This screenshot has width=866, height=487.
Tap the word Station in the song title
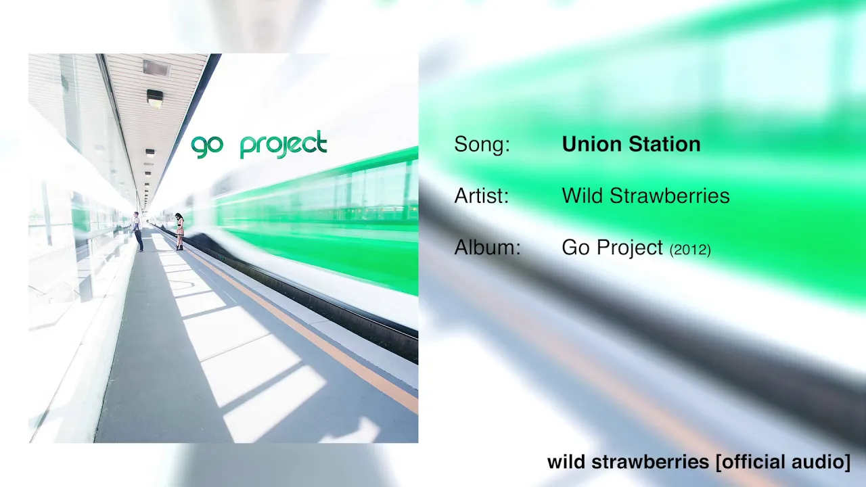click(664, 144)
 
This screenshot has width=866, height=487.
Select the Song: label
click(482, 145)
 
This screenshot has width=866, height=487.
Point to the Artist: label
click(481, 195)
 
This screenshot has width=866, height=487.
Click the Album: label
click(488, 247)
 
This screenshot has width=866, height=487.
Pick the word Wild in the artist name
click(583, 195)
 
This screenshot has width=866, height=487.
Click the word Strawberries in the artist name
click(670, 195)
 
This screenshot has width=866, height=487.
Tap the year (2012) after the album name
click(690, 250)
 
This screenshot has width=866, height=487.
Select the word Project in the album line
click(630, 248)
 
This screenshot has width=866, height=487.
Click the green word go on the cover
click(207, 147)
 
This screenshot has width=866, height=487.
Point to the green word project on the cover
click(283, 145)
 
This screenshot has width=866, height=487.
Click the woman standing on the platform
click(180, 231)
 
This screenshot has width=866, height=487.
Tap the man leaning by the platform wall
click(138, 231)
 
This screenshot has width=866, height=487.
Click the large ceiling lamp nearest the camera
click(155, 98)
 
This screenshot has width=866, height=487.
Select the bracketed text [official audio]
click(783, 462)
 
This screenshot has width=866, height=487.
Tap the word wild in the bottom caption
click(566, 462)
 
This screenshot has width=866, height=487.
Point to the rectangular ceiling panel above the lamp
click(156, 68)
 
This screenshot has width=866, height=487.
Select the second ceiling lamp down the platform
click(150, 153)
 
